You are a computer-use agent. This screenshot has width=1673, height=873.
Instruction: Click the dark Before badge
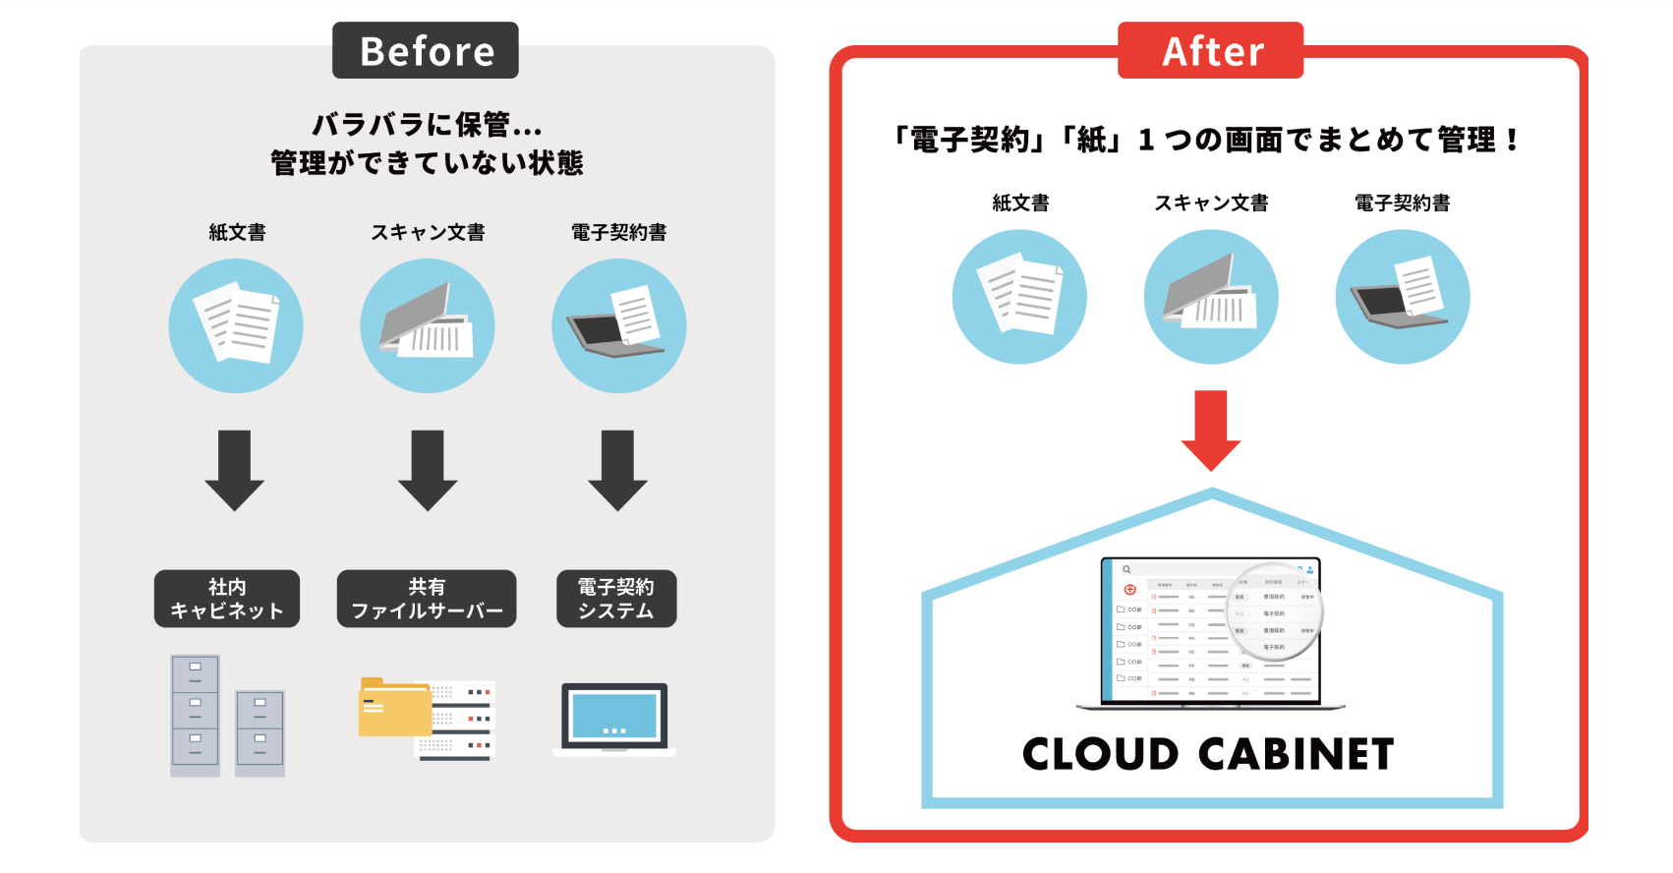[425, 51]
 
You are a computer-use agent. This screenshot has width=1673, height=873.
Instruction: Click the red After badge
[1210, 51]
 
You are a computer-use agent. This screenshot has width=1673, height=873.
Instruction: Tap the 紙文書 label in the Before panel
[237, 232]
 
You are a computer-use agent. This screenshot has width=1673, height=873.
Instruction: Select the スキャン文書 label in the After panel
[1211, 203]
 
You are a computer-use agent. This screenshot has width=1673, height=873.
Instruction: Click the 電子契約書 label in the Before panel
[618, 232]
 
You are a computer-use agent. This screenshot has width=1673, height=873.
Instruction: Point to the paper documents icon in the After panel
[1019, 296]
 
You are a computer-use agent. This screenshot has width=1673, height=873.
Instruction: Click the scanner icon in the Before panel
[427, 325]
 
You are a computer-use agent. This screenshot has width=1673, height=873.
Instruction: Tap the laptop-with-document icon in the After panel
[1402, 296]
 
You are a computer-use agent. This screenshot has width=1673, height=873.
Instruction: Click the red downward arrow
[1210, 430]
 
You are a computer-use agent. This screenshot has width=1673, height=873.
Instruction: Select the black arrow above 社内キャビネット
[234, 469]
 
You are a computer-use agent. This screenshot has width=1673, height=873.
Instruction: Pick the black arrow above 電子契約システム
[617, 469]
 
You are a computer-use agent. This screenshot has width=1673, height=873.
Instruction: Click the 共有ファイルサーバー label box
[426, 598]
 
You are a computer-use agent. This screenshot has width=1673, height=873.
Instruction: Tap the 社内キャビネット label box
[226, 598]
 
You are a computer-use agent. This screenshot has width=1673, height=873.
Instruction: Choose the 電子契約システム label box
[615, 598]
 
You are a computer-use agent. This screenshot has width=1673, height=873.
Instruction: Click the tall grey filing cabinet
[195, 715]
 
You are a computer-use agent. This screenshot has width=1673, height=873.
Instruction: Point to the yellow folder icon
[394, 707]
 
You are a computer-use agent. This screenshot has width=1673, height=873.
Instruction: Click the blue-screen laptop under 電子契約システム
[614, 718]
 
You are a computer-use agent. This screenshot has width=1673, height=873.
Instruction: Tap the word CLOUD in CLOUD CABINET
[1100, 755]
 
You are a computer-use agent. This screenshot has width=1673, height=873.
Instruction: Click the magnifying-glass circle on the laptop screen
[1275, 611]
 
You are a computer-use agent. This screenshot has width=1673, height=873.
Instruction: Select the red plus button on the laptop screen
[1129, 590]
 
